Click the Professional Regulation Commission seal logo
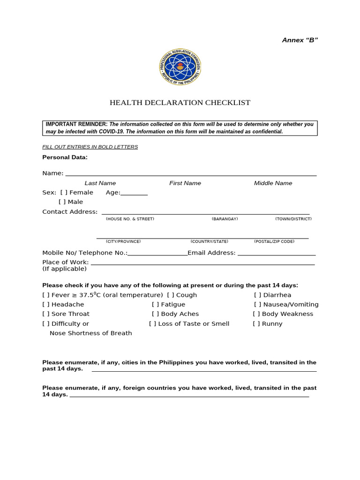pyautogui.click(x=180, y=67)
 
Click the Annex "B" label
pyautogui.click(x=300, y=40)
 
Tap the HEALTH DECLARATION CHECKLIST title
pyautogui.click(x=180, y=103)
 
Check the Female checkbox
pyautogui.click(x=64, y=193)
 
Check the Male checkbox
pyautogui.click(x=62, y=202)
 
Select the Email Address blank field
pyautogui.click(x=277, y=254)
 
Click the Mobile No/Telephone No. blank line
pyautogui.click(x=157, y=254)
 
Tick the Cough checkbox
pyautogui.click(x=171, y=295)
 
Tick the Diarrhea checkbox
pyautogui.click(x=258, y=295)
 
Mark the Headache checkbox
pyautogui.click(x=46, y=305)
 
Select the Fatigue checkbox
pyautogui.click(x=155, y=305)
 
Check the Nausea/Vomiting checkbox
pyautogui.click(x=257, y=305)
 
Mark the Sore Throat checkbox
pyautogui.click(x=46, y=314)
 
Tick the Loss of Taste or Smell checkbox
pyautogui.click(x=153, y=324)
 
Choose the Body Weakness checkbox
pyautogui.click(x=256, y=314)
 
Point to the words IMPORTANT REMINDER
pyautogui.click(x=76, y=124)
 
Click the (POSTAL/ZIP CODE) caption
pyautogui.click(x=274, y=241)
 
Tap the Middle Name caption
pyautogui.click(x=273, y=183)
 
